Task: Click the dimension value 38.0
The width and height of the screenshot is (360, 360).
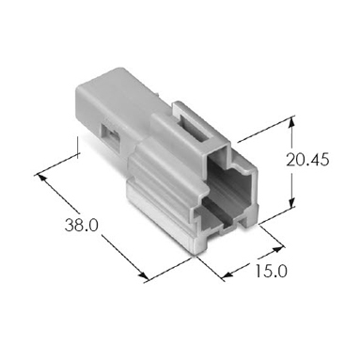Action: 82,225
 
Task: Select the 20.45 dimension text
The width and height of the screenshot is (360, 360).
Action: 308,160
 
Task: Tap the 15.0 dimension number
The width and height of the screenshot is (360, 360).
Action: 271,272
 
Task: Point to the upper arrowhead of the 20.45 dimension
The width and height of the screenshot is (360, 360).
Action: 291,121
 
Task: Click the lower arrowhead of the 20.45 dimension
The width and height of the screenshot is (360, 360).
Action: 291,202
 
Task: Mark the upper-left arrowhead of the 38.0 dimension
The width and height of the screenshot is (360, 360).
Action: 42,179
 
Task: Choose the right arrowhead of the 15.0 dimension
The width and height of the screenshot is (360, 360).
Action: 277,249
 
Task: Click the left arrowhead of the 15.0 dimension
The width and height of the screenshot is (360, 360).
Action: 228,274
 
